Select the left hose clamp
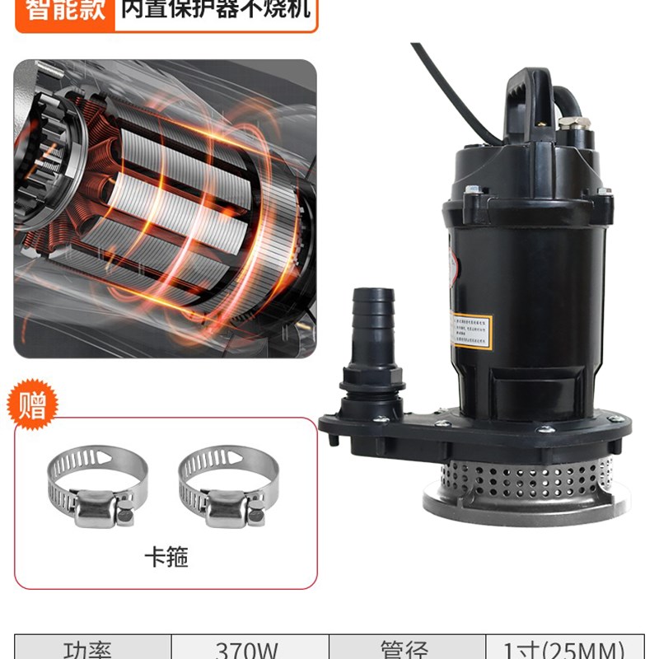(98, 486)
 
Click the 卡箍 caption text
(166, 558)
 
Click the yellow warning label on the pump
(472, 330)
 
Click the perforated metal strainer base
(527, 478)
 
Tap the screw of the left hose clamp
(124, 516)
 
